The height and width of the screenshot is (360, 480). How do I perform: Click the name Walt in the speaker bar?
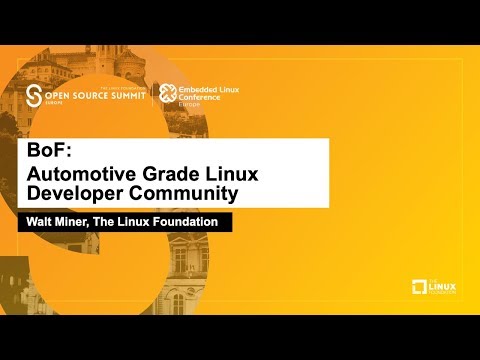40,222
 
